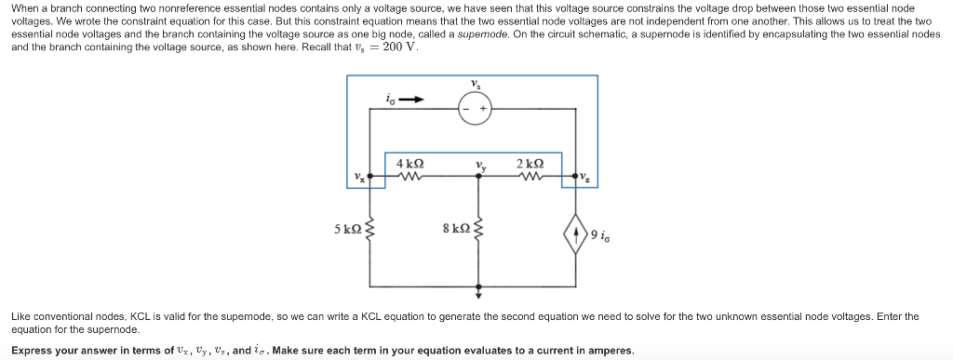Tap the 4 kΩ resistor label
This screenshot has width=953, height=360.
click(410, 163)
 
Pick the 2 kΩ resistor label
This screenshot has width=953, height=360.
click(530, 163)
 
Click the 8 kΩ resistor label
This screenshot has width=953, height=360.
click(456, 228)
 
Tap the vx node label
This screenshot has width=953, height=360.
click(359, 177)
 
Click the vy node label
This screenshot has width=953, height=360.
click(479, 167)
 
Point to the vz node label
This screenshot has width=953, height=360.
click(585, 175)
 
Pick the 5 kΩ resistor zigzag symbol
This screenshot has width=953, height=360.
click(371, 228)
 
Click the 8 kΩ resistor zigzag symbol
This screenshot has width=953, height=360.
click(478, 229)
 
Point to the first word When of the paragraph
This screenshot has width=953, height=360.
click(25, 7)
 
